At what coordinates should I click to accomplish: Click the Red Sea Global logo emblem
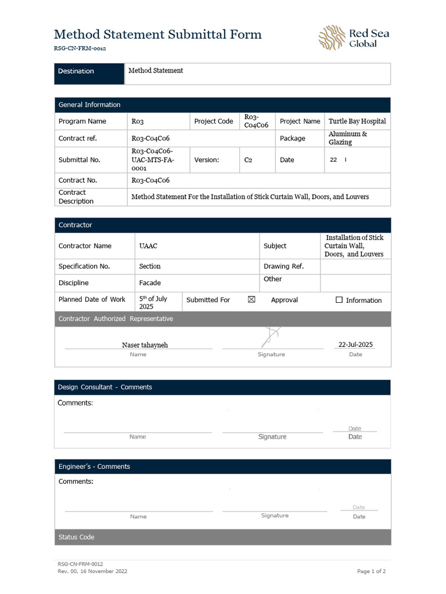[x=332, y=38]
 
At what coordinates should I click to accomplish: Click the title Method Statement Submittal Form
[x=157, y=34]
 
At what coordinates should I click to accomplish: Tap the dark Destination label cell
[x=89, y=71]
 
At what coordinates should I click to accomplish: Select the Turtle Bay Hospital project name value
[x=357, y=121]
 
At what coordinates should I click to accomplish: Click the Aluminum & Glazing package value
[x=348, y=138]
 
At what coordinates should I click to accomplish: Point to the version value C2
[x=249, y=160]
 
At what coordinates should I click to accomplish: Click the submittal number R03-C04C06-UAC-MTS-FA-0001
[x=152, y=160]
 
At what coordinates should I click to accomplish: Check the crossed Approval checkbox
[x=251, y=300]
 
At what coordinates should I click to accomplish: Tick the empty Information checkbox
[x=339, y=300]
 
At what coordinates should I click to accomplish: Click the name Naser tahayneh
[x=145, y=345]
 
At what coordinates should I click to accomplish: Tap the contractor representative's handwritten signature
[x=271, y=337]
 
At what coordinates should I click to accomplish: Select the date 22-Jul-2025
[x=355, y=345]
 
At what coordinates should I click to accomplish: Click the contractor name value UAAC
[x=148, y=246]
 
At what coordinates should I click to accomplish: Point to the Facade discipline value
[x=150, y=283]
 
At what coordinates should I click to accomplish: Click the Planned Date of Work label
[x=92, y=299]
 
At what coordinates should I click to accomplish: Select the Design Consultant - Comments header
[x=105, y=387]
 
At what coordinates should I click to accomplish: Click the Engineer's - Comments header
[x=94, y=466]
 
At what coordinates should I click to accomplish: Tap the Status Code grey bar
[x=222, y=537]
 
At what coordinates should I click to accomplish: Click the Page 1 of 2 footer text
[x=371, y=571]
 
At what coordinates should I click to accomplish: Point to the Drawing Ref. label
[x=283, y=266]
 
